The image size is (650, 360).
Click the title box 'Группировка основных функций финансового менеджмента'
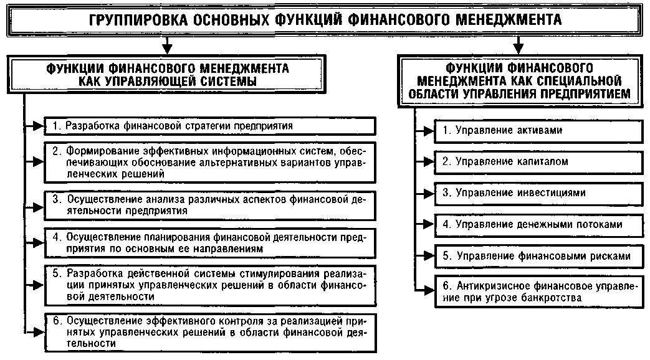[325, 19]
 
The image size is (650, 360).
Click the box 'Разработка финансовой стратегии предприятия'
[211, 126]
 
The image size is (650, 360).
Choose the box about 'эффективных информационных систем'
[211, 162]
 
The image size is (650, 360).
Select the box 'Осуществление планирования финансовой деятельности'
[211, 244]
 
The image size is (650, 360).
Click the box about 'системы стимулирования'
[211, 285]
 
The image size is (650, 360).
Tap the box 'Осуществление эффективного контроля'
[211, 331]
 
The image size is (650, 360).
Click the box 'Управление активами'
[538, 131]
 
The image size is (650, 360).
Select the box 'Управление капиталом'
[538, 162]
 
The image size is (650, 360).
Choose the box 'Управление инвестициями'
[538, 193]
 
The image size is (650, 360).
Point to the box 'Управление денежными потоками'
[538, 224]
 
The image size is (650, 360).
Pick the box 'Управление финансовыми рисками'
[538, 255]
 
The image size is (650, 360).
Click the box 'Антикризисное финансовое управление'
[538, 292]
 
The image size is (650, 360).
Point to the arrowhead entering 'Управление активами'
[429, 131]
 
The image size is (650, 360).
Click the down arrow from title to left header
[166, 47]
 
